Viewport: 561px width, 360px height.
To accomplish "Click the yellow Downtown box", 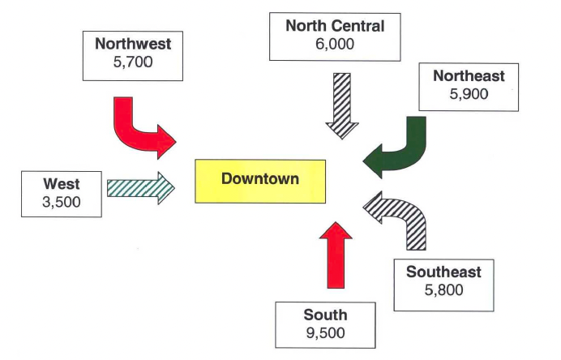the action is point(260,182).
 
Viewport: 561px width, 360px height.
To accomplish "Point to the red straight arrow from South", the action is point(336,255).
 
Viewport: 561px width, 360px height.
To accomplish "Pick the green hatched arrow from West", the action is point(141,188).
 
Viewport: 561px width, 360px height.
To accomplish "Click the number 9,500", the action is point(326,333).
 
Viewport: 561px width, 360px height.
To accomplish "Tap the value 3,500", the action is point(62,202).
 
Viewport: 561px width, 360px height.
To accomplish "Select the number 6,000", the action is point(335,44).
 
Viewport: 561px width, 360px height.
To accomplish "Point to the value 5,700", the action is point(133,62).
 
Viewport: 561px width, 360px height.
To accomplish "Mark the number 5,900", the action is point(469,94).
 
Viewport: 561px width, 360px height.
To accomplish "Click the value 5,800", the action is point(443,289).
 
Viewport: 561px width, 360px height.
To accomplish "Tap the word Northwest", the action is point(133,44).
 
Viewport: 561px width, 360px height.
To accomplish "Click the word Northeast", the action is point(469,76).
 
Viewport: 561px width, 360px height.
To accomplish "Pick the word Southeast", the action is point(443,272).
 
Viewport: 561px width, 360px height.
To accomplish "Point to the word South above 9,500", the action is point(326,315).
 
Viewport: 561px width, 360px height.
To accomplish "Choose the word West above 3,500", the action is point(62,184).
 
